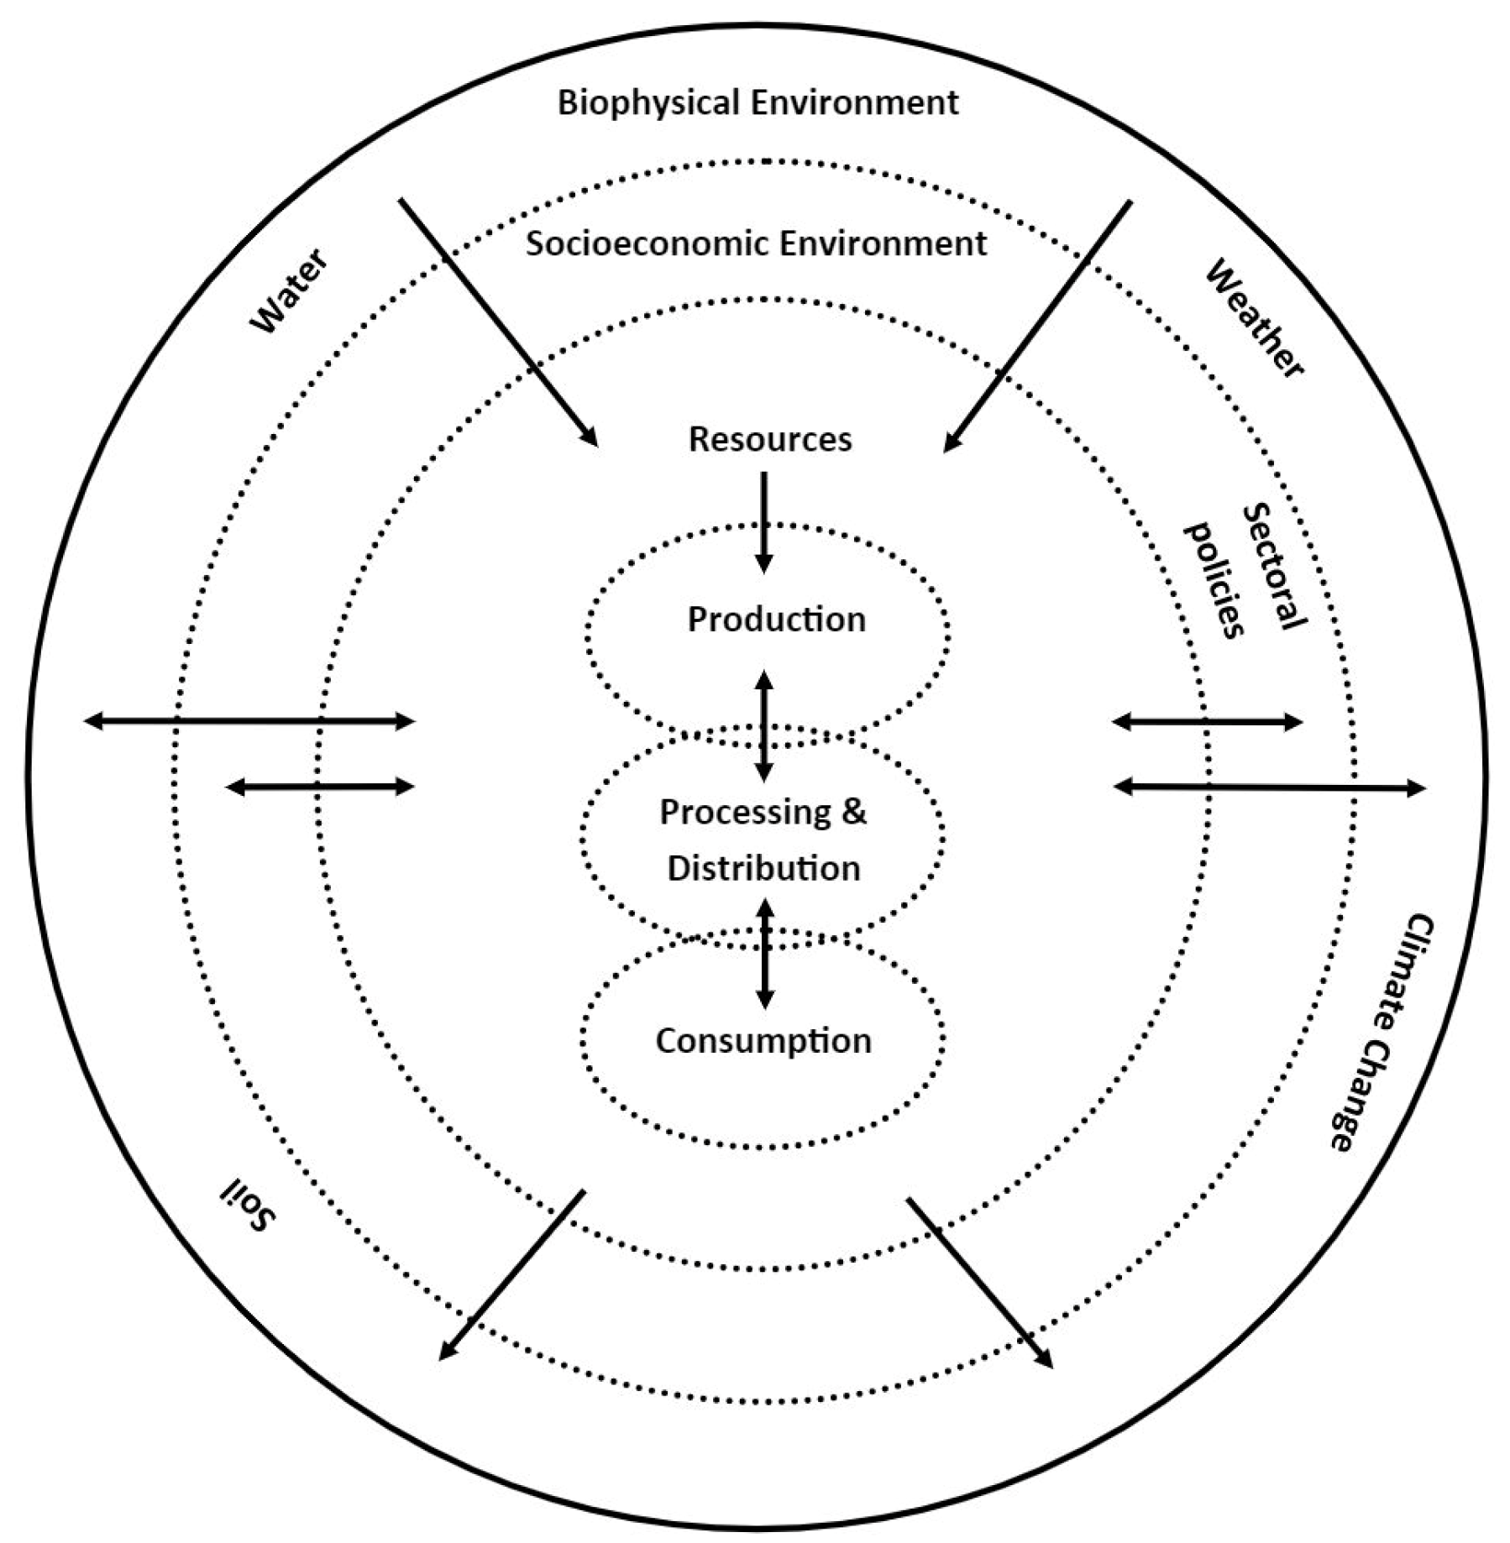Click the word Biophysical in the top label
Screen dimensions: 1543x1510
[648, 103]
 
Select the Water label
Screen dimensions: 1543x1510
[289, 291]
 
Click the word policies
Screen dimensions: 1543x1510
[1214, 579]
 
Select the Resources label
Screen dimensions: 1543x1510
[769, 439]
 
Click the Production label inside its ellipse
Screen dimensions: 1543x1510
[776, 620]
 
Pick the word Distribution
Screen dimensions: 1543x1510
[763, 868]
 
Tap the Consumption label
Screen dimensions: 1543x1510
[763, 1041]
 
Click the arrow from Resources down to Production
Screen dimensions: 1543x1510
[763, 520]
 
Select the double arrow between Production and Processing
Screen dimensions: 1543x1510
[763, 725]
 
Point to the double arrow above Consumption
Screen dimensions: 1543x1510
[764, 953]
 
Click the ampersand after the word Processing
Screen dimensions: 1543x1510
[853, 813]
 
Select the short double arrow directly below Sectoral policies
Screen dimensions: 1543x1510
[1207, 721]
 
